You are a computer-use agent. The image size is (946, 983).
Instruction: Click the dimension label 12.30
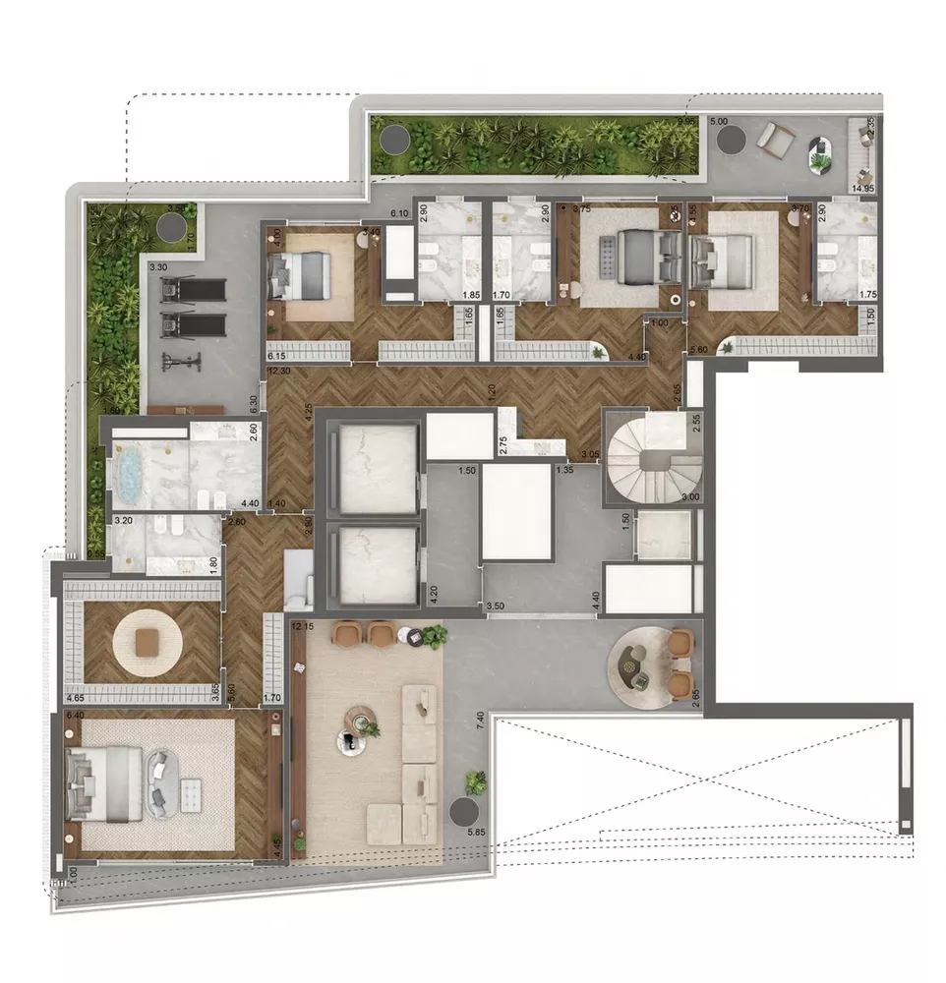278,371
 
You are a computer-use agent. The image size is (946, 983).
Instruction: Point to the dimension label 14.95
863,188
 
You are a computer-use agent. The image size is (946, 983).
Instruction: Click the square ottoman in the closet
147,642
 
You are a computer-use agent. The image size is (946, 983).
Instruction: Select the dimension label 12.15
303,626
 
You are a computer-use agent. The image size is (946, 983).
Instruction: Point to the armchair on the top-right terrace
779,141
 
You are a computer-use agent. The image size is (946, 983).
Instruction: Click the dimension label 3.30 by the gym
157,266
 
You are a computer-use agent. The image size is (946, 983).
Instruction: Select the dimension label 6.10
398,213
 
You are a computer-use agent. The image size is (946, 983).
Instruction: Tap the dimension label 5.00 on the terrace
719,121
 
